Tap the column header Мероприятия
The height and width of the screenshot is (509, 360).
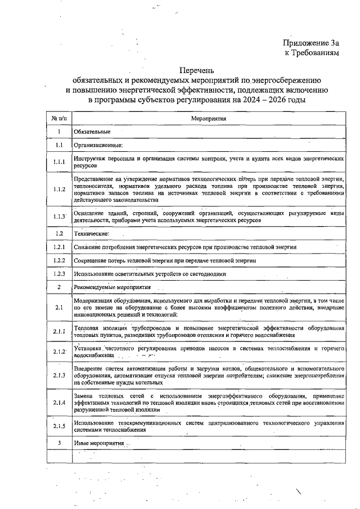pyautogui.click(x=208, y=119)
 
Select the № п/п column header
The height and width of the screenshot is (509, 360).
pyautogui.click(x=59, y=119)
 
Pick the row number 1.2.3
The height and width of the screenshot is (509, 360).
pyautogui.click(x=59, y=274)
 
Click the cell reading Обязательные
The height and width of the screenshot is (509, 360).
pyautogui.click(x=92, y=132)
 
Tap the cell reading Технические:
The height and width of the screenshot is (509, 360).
pyautogui.click(x=91, y=233)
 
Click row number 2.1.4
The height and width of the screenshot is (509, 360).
pyautogui.click(x=59, y=403)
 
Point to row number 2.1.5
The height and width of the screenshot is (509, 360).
pyautogui.click(x=59, y=426)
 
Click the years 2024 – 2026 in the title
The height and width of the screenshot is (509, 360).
pyautogui.click(x=261, y=100)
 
